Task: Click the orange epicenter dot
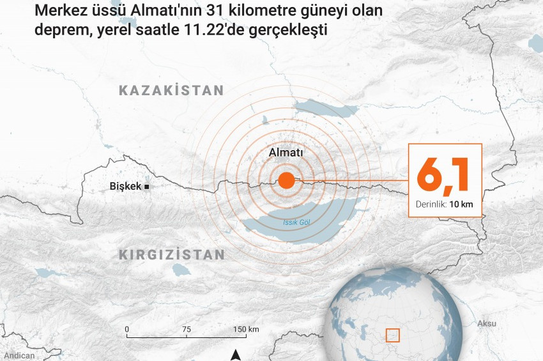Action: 286,180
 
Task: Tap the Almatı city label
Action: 286,153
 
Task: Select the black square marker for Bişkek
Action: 147,187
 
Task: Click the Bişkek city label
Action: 125,187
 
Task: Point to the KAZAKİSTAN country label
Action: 171,91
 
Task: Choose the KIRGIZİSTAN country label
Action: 172,255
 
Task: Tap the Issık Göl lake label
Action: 296,222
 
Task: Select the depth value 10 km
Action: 461,204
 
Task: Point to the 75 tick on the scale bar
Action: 186,330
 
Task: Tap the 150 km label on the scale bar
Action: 245,330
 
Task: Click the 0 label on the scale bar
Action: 127,330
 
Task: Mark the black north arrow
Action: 236,355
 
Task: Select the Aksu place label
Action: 487,323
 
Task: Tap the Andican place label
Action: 19,356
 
